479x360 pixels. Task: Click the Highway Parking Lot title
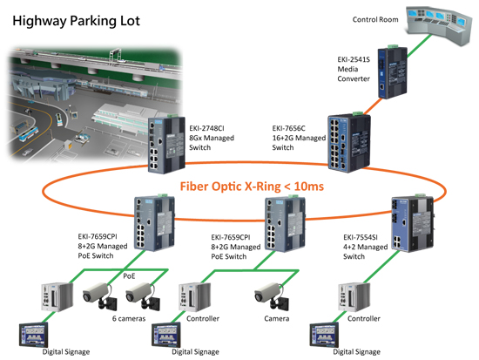(76, 21)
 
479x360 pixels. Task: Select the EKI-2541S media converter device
(392, 72)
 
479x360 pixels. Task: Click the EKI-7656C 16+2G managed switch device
(349, 142)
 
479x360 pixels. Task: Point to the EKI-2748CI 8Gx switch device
(166, 145)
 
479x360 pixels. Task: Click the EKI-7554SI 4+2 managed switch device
(413, 223)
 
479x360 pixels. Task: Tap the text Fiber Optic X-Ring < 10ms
(252, 187)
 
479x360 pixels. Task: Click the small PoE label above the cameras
(129, 276)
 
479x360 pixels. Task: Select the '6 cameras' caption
(129, 318)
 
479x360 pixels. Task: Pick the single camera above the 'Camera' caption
(272, 295)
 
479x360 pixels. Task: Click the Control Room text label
(375, 19)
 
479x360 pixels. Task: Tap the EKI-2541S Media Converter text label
(354, 69)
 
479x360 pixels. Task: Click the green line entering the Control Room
(419, 46)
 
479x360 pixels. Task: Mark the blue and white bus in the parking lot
(29, 134)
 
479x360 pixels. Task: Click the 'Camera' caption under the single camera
(276, 318)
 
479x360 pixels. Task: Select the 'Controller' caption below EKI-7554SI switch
(364, 318)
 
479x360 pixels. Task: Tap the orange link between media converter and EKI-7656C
(372, 105)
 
